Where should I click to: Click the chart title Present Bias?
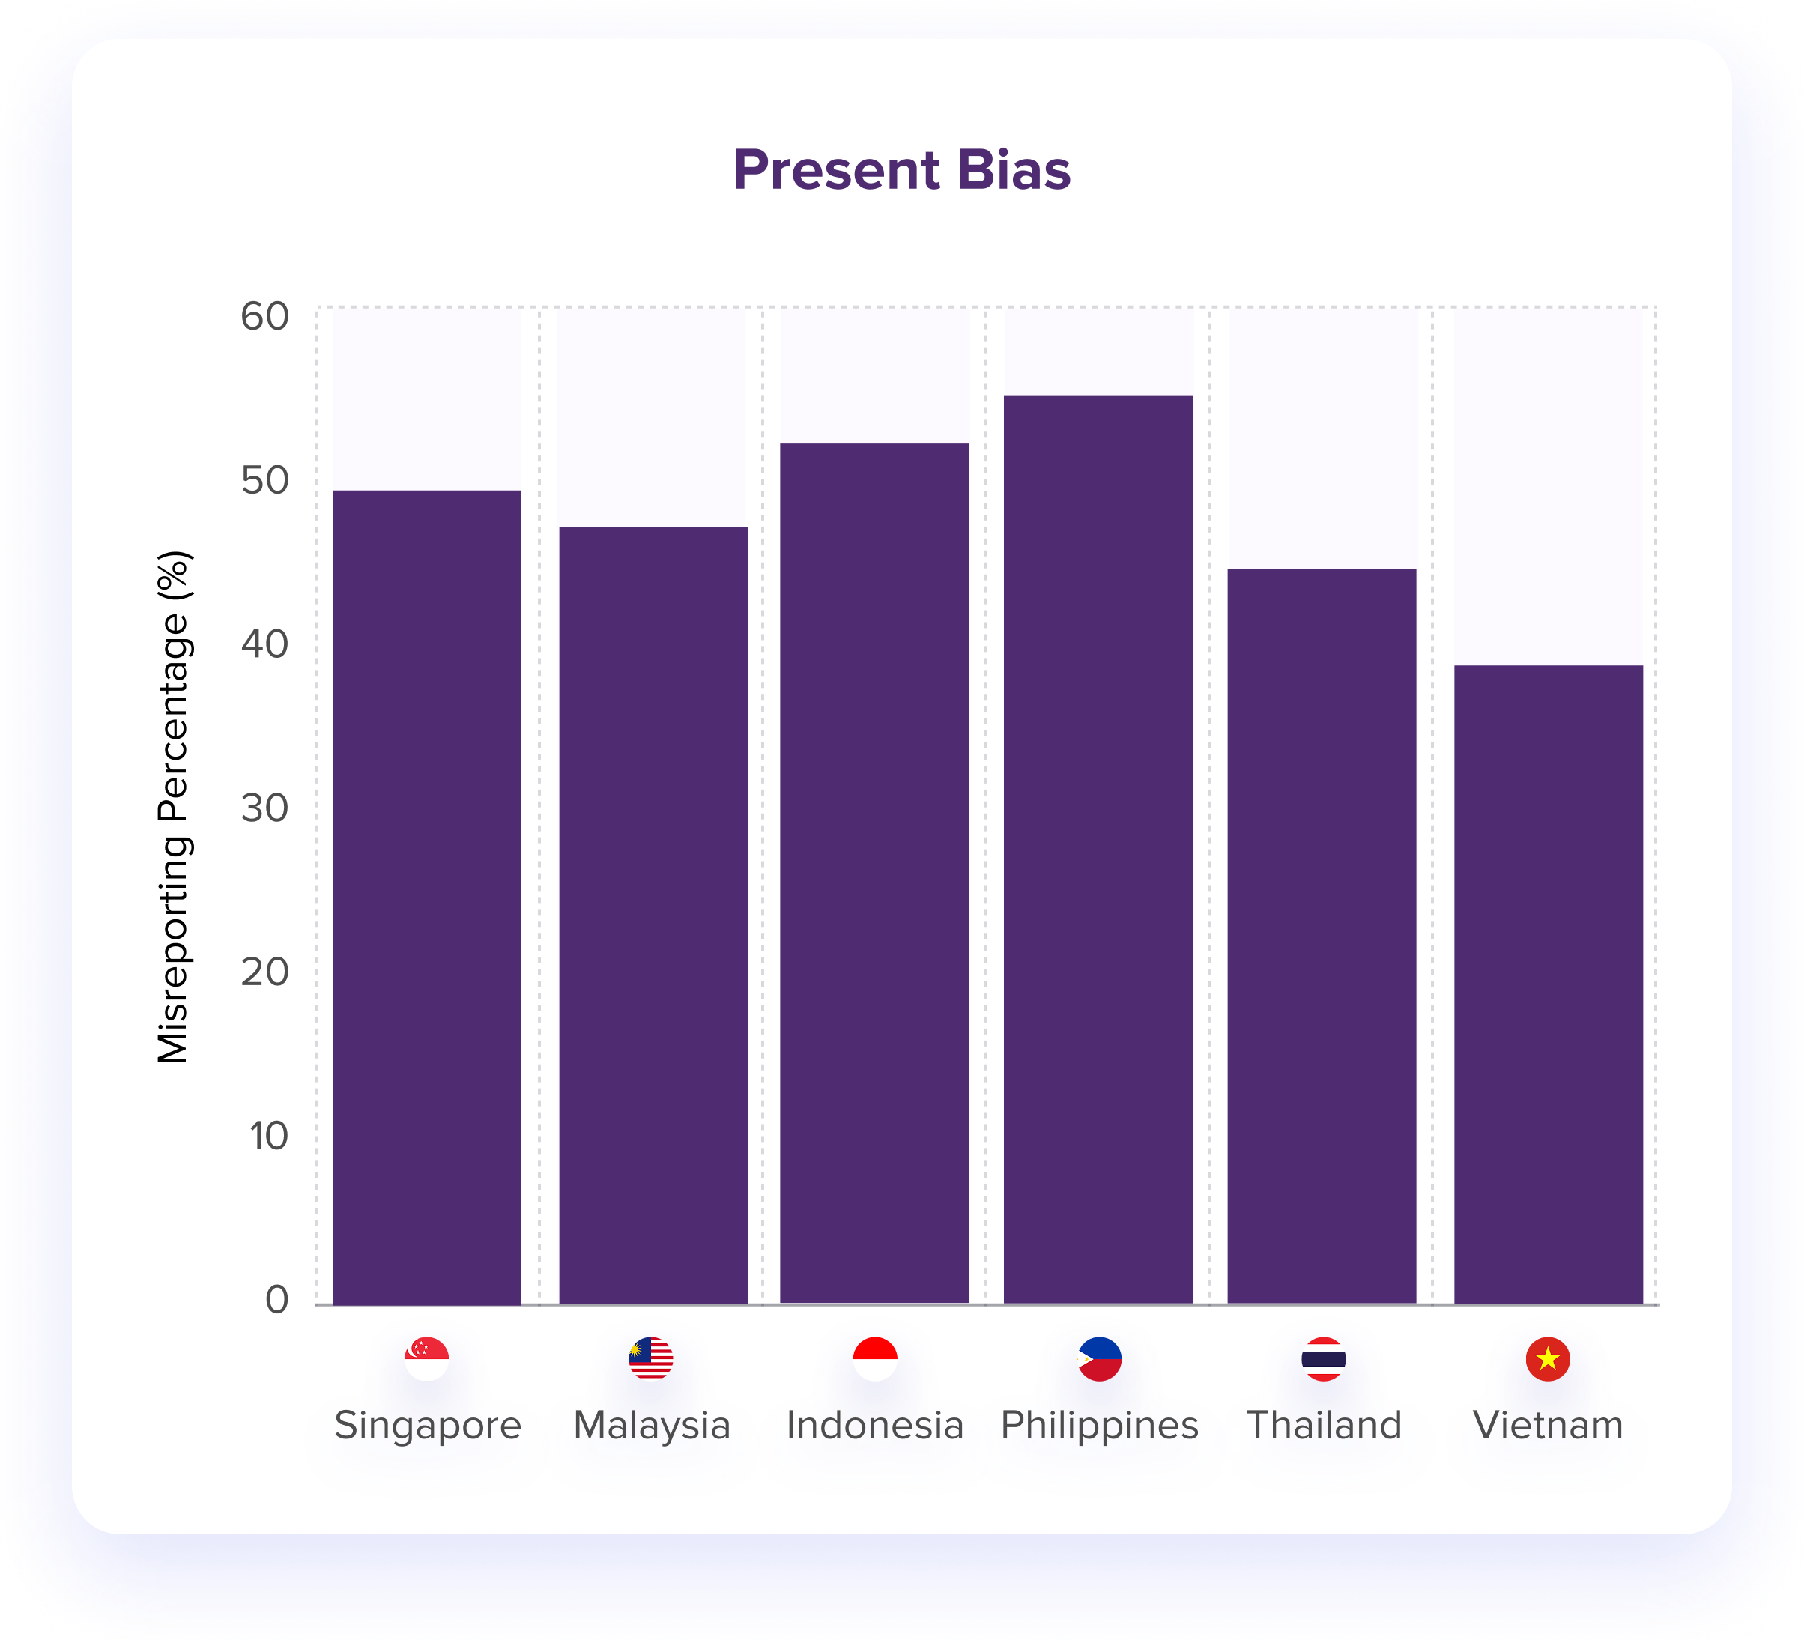click(901, 170)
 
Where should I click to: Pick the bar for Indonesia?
click(874, 872)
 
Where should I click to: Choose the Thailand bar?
click(1322, 935)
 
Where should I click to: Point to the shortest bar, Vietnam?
click(1548, 984)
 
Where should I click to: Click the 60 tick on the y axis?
click(265, 317)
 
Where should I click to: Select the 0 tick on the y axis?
click(276, 1299)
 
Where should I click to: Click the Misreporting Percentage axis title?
click(174, 807)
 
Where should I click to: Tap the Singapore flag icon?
click(427, 1359)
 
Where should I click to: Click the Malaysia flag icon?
click(650, 1359)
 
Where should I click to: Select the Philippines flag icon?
click(1100, 1359)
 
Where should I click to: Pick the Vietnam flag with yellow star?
click(1548, 1359)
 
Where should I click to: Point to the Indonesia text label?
click(874, 1425)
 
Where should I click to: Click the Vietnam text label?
click(1548, 1425)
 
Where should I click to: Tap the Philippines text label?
click(1099, 1425)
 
